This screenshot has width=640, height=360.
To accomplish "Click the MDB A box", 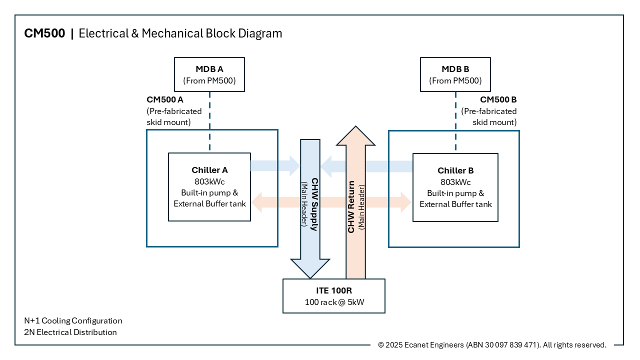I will pos(209,74).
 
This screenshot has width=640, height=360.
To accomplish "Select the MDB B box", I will pos(455,74).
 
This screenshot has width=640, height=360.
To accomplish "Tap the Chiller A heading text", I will pos(209,170).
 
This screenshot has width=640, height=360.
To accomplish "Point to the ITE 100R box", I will pos(333,296).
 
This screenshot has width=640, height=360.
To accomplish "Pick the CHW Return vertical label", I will pos(351,206).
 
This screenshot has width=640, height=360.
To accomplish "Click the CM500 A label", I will pos(164,99).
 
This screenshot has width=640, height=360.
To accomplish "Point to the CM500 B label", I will pos(498,99).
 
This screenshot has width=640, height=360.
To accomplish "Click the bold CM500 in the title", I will pos(44,33).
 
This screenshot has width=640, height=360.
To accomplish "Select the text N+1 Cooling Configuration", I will pos(73,320).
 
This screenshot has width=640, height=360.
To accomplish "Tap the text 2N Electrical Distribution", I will pos(70,332).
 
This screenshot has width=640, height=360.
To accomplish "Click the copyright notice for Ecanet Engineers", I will pos(492,345).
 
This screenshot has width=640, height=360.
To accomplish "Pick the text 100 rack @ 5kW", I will pos(333,302).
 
